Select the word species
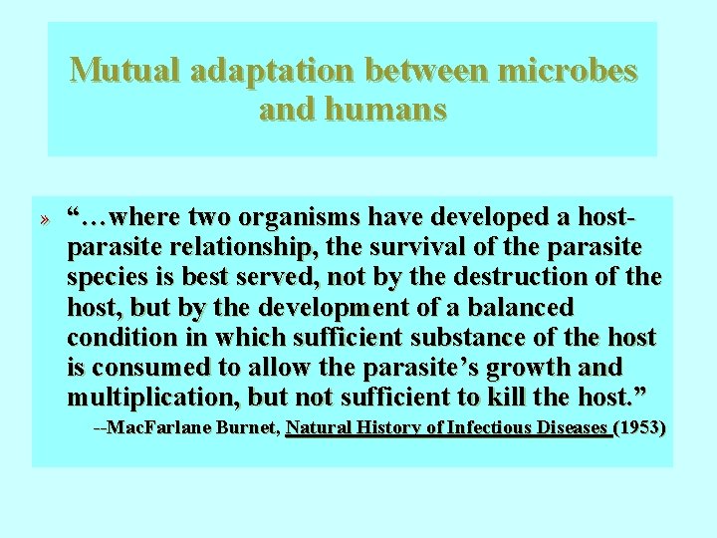[109, 277]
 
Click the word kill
[507, 399]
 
